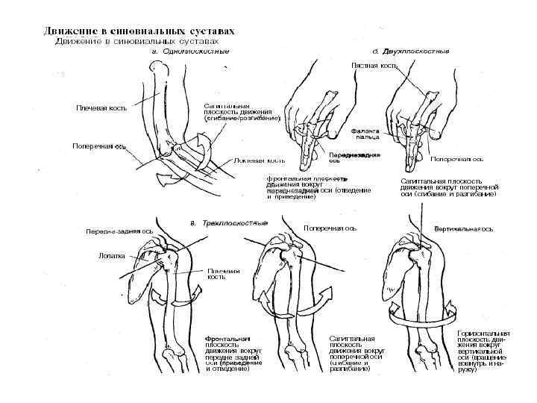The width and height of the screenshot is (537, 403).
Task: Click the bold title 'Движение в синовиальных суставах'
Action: click(139, 31)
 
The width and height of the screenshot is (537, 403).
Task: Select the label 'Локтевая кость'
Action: click(260, 160)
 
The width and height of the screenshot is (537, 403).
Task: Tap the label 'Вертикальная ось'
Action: click(464, 228)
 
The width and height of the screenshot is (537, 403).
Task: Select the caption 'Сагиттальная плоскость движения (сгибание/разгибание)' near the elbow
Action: click(242, 112)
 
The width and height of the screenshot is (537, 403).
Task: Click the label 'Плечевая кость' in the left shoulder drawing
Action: click(223, 273)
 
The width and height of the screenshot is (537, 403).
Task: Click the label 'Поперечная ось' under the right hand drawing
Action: click(457, 159)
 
